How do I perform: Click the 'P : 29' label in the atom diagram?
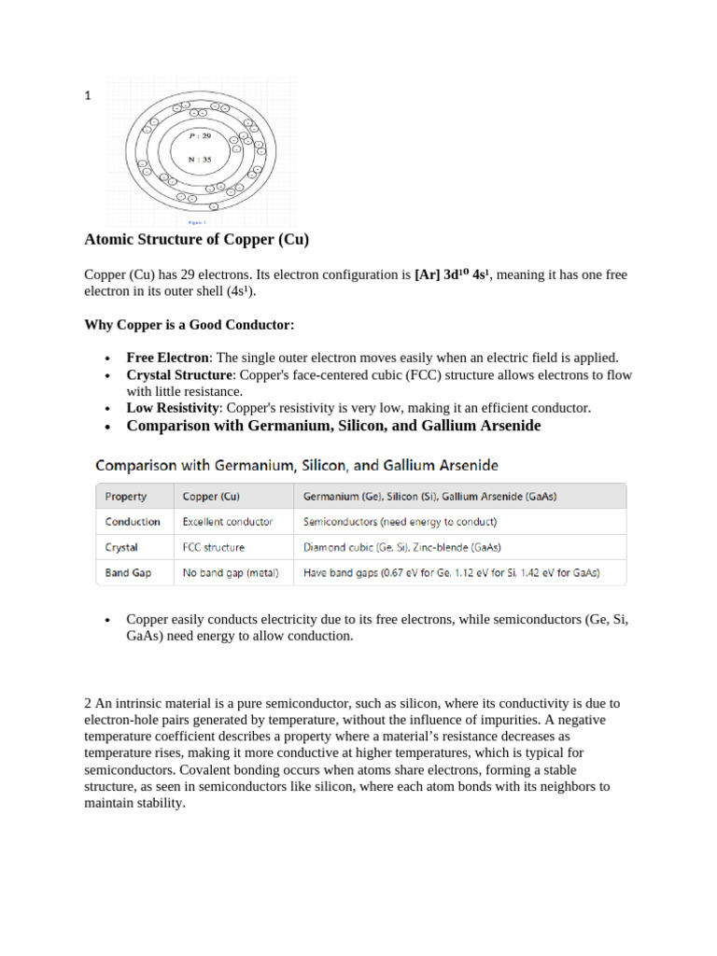pos(201,136)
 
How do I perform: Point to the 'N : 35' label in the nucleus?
pos(201,159)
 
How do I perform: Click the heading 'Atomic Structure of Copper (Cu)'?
pos(196,240)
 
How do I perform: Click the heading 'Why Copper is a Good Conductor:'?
pos(190,325)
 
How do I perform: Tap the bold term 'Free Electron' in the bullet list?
pos(169,358)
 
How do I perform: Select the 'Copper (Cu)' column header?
pos(211,497)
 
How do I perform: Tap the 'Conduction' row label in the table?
pos(133,522)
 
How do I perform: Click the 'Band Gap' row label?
pos(128,572)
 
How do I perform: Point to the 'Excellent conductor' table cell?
pos(228,522)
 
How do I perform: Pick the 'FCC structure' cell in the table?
pos(214,547)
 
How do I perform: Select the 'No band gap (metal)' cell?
pos(231,572)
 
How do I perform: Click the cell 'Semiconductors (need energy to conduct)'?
pos(401,522)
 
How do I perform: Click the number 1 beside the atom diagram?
pos(88,95)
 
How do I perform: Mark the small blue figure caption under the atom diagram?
pos(197,223)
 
